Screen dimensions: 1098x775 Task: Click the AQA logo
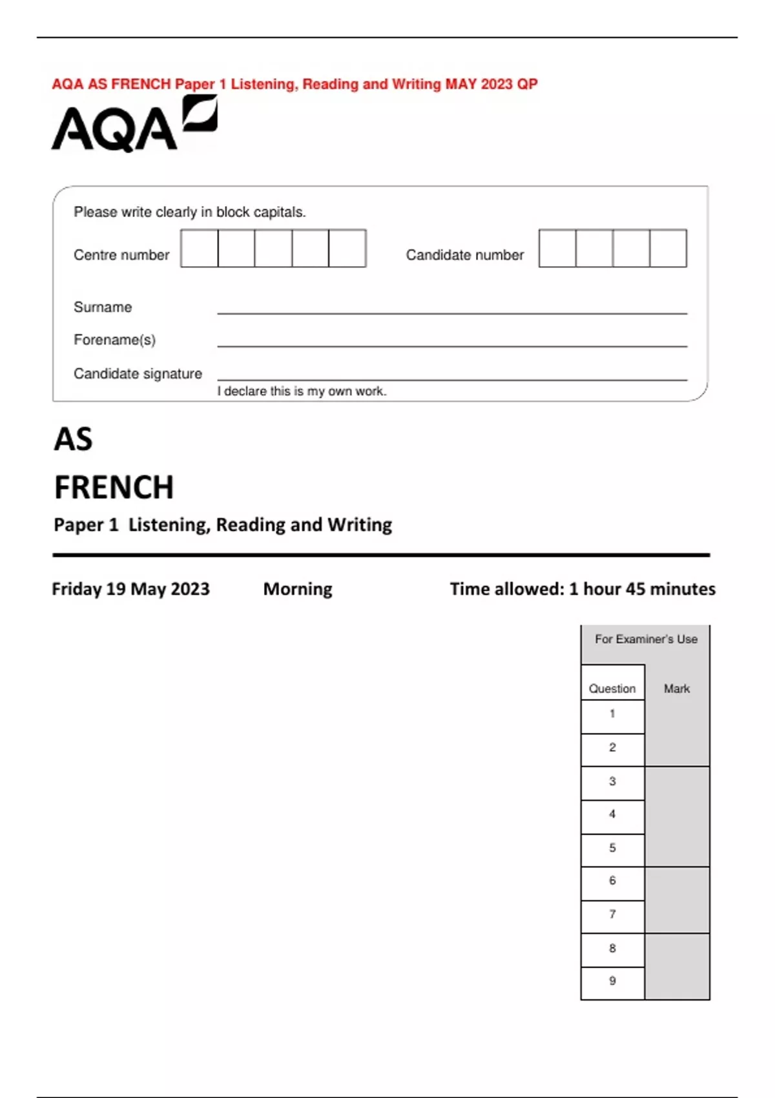point(134,125)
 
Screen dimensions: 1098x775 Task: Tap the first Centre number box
point(200,248)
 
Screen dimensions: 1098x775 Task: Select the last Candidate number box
point(668,248)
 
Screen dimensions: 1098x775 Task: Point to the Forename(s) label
point(114,340)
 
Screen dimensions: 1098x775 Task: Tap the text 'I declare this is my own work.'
point(302,391)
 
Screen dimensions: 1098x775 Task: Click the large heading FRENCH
point(114,488)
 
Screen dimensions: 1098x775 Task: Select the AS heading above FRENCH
point(73,440)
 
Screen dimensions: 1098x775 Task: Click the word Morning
point(298,589)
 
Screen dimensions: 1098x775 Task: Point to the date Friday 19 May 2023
point(130,589)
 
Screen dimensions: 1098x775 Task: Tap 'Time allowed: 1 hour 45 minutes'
point(583,589)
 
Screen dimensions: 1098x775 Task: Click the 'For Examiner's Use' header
point(646,639)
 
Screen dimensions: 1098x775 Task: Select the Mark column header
point(676,689)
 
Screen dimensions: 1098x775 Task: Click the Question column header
point(612,689)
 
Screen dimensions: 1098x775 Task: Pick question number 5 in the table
point(612,848)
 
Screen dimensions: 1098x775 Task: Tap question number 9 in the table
point(612,981)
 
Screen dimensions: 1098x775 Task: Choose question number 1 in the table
point(612,714)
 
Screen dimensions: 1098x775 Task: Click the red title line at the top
point(294,84)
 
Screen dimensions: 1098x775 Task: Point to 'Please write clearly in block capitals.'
point(189,212)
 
